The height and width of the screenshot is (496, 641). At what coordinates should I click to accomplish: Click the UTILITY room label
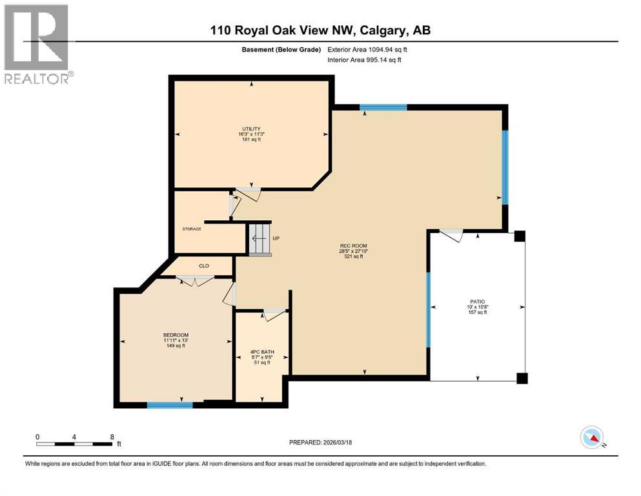[x=251, y=129]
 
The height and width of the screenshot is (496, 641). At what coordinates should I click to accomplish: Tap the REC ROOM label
[x=354, y=245]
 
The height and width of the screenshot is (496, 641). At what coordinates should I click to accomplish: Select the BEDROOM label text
[x=176, y=335]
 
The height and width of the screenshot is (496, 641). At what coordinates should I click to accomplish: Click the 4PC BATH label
[x=261, y=351]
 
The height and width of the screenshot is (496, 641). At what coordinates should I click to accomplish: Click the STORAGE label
[x=192, y=229]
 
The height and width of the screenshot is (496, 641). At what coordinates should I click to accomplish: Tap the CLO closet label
[x=203, y=265]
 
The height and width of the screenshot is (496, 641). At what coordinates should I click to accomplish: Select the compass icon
[x=592, y=437]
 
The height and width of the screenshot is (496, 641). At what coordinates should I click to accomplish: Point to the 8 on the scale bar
[x=112, y=437]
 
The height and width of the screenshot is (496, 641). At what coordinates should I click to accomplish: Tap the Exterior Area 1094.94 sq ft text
[x=368, y=49]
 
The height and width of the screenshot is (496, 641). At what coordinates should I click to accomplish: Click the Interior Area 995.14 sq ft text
[x=365, y=60]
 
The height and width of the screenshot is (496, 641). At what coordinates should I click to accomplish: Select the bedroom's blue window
[x=170, y=405]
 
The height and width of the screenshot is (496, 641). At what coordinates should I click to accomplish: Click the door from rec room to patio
[x=451, y=235]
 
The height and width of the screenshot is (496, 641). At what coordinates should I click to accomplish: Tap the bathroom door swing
[x=274, y=315]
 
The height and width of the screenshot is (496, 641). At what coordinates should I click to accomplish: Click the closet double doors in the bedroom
[x=196, y=280]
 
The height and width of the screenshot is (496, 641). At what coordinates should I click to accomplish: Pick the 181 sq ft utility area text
[x=251, y=139]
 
